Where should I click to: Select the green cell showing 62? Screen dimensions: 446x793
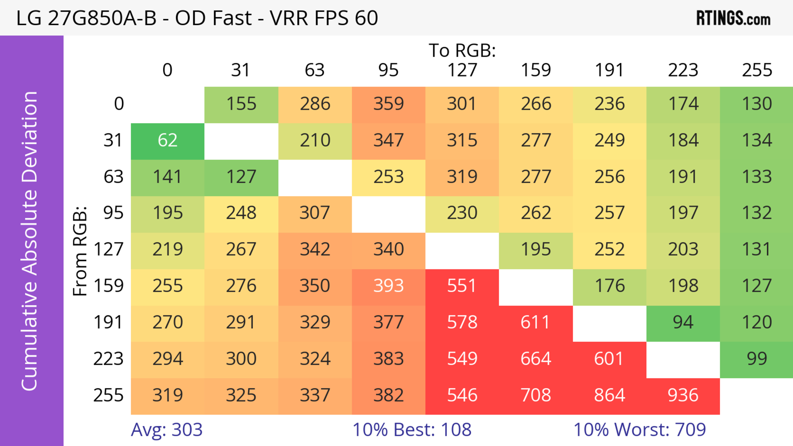click(x=167, y=141)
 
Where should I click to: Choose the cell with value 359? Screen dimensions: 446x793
click(x=388, y=104)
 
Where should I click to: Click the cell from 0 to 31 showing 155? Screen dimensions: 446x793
click(x=241, y=104)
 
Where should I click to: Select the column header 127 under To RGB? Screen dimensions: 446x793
click(x=462, y=70)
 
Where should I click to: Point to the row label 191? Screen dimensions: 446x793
click(x=108, y=323)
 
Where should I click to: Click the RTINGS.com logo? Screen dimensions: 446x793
click(x=733, y=18)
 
